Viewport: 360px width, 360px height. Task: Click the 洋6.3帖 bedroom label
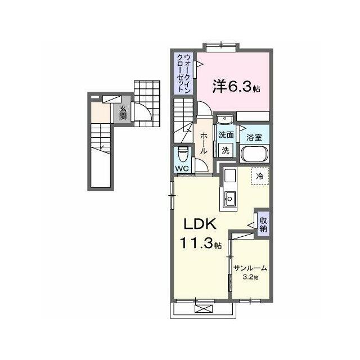(x=236, y=87)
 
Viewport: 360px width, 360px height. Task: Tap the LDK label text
(x=200, y=224)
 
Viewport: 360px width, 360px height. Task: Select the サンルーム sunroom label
(x=250, y=268)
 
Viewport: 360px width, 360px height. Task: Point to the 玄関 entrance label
(x=123, y=112)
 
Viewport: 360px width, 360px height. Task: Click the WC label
(x=182, y=169)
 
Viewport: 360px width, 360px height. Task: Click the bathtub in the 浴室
(x=254, y=154)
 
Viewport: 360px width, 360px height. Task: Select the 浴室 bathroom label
(x=254, y=137)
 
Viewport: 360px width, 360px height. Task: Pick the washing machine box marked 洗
(x=226, y=150)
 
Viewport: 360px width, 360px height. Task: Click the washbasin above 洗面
(x=224, y=119)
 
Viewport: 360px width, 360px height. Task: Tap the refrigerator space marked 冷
(x=260, y=176)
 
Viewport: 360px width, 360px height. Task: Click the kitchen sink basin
(x=230, y=199)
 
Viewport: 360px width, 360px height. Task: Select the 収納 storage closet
(x=263, y=224)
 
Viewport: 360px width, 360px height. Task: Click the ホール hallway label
(x=204, y=143)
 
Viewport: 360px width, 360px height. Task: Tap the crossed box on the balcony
(x=204, y=309)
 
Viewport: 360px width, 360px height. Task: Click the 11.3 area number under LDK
(x=196, y=244)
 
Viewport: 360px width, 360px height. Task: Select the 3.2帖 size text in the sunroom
(x=250, y=277)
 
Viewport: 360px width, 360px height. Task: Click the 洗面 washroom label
(x=226, y=135)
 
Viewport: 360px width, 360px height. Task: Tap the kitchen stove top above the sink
(x=230, y=176)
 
